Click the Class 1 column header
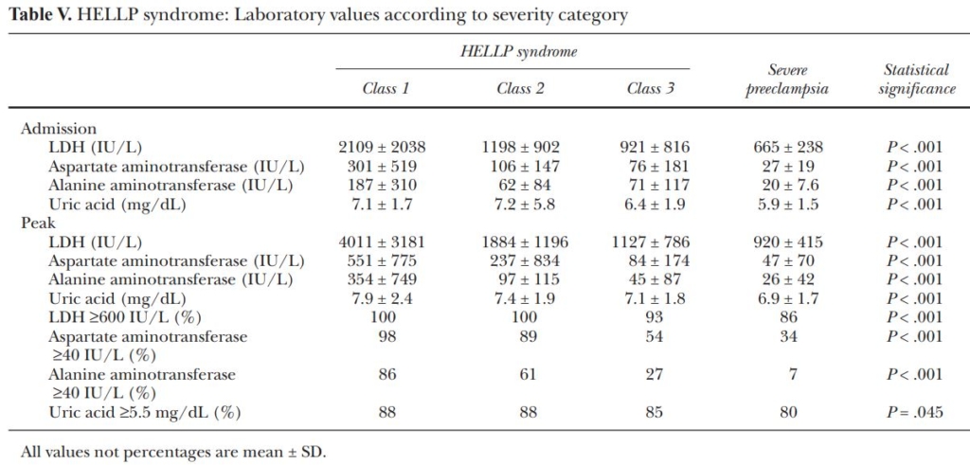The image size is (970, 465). click(x=386, y=89)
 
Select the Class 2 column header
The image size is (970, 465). click(x=520, y=89)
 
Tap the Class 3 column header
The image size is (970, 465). click(x=651, y=89)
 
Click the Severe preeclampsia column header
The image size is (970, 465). click(x=788, y=80)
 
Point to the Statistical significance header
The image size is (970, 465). click(x=915, y=80)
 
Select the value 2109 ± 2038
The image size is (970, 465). click(x=382, y=147)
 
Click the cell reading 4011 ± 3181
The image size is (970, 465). click(x=382, y=241)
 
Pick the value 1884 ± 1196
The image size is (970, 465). click(x=520, y=241)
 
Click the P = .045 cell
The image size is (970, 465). click(x=915, y=412)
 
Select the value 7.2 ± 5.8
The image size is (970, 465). click(x=520, y=204)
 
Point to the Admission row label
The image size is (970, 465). click(x=59, y=129)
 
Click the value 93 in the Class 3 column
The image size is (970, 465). click(x=651, y=317)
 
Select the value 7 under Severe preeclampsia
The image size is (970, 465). click(x=788, y=374)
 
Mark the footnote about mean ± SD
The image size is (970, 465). click(x=172, y=451)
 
